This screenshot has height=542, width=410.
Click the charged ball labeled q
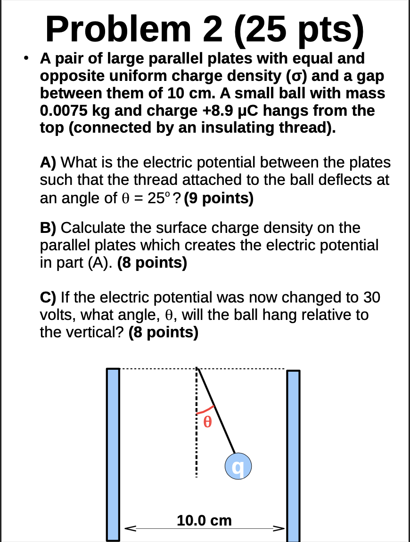(238, 466)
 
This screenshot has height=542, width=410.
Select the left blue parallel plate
(112, 454)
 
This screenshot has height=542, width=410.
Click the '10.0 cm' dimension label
(205, 521)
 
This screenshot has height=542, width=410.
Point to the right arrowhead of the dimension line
(281, 528)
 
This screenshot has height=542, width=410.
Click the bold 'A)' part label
(48, 163)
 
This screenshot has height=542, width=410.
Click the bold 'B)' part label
(48, 228)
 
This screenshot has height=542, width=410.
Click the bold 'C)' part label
(48, 298)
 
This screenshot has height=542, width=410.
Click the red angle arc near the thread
(206, 408)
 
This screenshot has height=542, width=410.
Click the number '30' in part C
(371, 298)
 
